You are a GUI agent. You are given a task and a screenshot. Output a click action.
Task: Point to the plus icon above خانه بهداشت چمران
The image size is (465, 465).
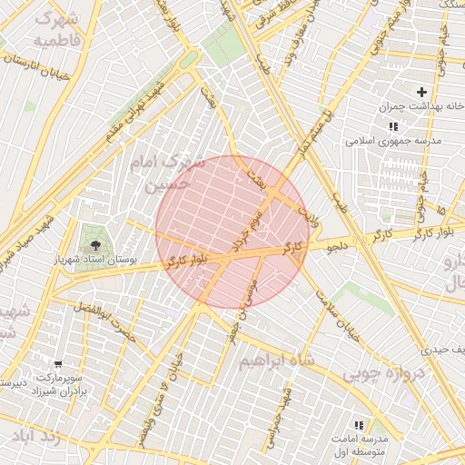(421, 92)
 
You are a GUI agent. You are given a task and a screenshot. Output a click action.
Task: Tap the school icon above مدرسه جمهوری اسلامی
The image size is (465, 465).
(392, 126)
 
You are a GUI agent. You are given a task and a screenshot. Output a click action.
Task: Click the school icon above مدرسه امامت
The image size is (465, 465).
(358, 424)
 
